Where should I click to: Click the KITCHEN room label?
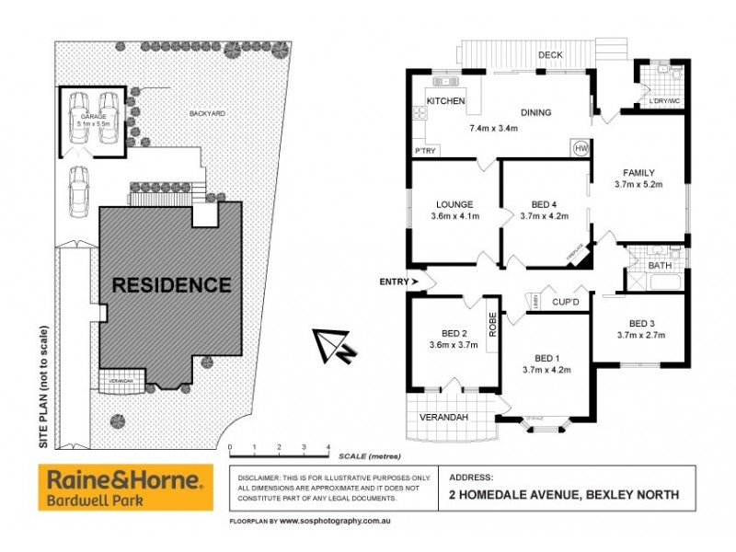point(446,101)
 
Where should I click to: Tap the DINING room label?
point(535,113)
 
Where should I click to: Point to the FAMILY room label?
point(638,172)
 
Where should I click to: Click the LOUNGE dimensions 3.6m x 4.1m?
point(454,216)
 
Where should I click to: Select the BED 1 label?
point(547,358)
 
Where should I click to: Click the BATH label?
point(660,266)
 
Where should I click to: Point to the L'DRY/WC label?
point(664,100)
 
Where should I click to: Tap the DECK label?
point(550,55)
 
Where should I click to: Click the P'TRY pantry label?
point(425,150)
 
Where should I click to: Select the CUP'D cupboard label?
point(566,302)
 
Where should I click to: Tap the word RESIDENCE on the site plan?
point(171,285)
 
